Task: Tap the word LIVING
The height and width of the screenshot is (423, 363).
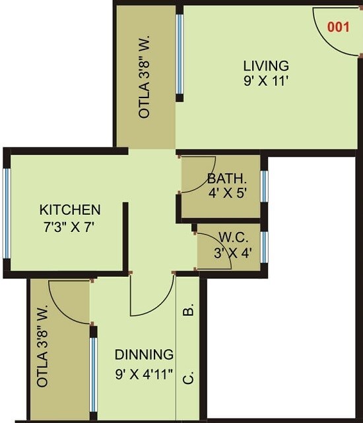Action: [x=266, y=66]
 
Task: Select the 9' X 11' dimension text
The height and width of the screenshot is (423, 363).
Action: [x=266, y=82]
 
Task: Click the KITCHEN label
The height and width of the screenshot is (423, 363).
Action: [x=71, y=210]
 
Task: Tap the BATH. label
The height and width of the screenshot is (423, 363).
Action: [x=226, y=179]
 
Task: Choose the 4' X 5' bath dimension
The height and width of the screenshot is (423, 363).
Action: [x=226, y=194]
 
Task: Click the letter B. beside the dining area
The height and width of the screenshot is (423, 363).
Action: [x=188, y=310]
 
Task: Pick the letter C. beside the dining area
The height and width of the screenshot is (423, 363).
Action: [x=188, y=378]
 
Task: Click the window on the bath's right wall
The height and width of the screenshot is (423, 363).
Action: [x=264, y=186]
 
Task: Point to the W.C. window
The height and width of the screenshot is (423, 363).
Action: [x=264, y=246]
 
